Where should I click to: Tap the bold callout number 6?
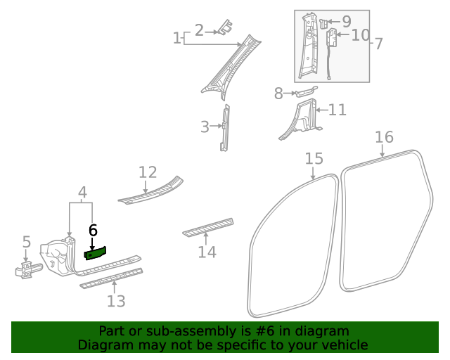click(x=93, y=231)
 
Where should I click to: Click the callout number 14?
click(x=207, y=252)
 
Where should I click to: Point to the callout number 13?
click(x=116, y=301)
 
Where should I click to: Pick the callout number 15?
click(x=313, y=160)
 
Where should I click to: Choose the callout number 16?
click(x=384, y=136)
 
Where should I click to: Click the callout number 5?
click(x=26, y=243)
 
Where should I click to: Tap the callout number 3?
click(x=205, y=127)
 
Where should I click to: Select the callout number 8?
click(x=278, y=92)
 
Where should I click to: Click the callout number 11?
click(x=337, y=110)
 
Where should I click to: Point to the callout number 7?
click(x=378, y=44)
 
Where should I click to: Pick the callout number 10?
click(x=360, y=34)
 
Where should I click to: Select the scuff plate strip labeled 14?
click(x=208, y=227)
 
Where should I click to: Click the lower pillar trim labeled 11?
click(x=304, y=117)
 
